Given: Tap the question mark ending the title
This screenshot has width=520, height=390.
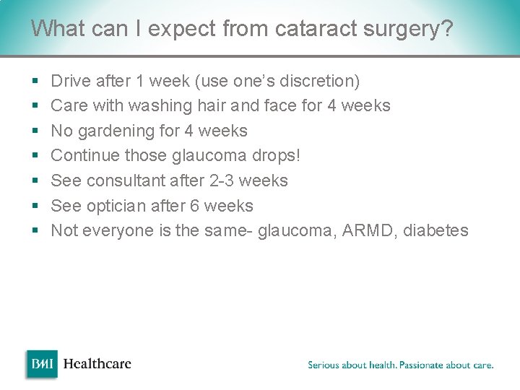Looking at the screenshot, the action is (447, 28).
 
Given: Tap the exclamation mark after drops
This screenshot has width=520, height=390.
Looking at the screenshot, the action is (298, 155).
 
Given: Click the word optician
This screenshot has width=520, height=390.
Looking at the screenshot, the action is (116, 206).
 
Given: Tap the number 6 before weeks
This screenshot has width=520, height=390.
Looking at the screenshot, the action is (194, 206).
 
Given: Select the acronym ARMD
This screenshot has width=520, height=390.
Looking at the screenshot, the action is (367, 230).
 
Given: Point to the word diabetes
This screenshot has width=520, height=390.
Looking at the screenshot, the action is (435, 230).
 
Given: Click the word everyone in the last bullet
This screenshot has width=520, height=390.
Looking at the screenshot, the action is (118, 231).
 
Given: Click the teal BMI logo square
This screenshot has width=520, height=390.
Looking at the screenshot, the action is (42, 364).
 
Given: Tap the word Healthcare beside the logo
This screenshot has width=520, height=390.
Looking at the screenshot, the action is (97, 364).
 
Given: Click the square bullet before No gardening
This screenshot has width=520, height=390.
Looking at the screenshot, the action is (35, 130).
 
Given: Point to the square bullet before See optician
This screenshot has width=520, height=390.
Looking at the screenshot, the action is (35, 205).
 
